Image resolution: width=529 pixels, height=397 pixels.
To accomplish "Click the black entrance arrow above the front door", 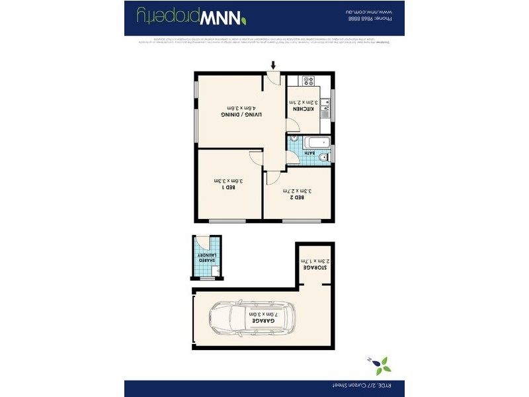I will [272, 65].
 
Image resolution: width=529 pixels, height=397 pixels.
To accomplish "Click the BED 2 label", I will [300, 198].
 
